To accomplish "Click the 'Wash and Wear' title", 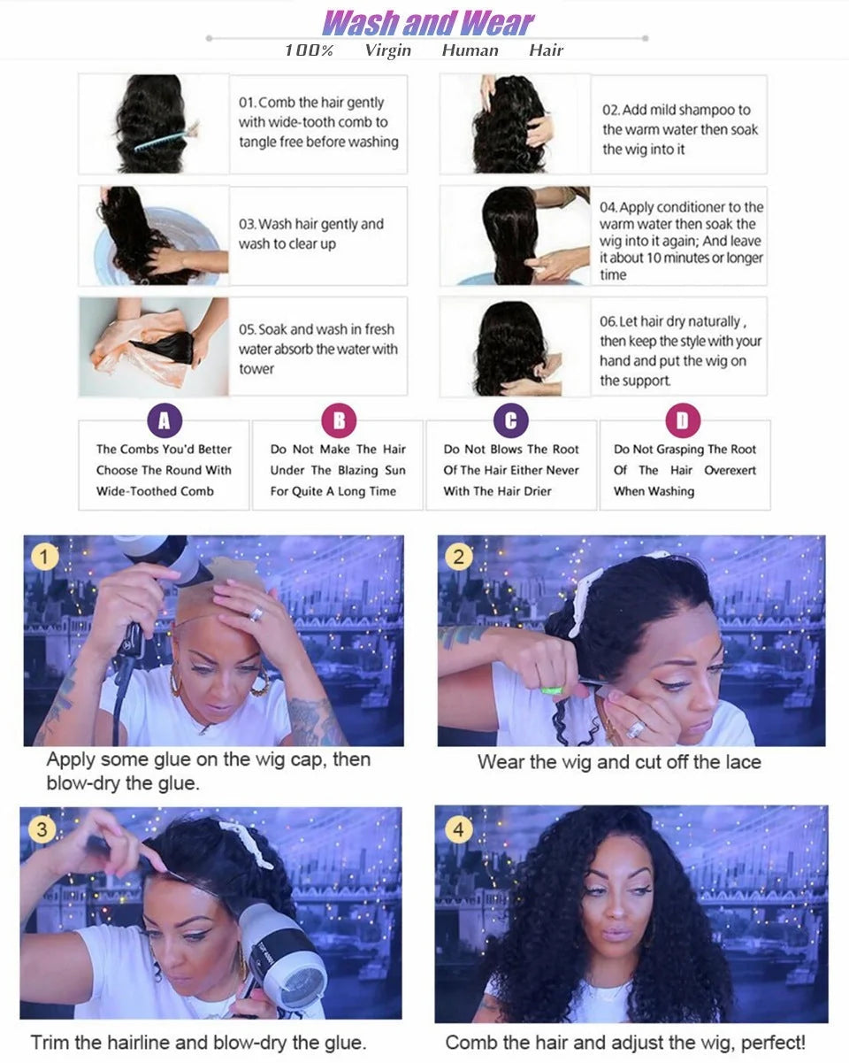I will click(x=428, y=22).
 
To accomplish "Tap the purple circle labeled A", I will click(x=164, y=420).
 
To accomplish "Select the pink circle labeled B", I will click(x=338, y=420).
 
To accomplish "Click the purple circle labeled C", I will click(x=510, y=420).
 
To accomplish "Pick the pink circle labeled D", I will click(x=682, y=420).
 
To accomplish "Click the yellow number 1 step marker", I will click(x=44, y=557).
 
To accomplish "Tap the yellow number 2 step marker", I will click(x=458, y=557).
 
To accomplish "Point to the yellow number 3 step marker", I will click(x=42, y=829).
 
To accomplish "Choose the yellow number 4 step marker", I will click(x=457, y=830).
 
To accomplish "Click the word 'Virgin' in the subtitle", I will click(x=387, y=50).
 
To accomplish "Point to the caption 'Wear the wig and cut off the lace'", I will click(x=619, y=762).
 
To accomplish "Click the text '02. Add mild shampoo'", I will click(x=677, y=110).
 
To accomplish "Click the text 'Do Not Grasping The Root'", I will click(x=685, y=450).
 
